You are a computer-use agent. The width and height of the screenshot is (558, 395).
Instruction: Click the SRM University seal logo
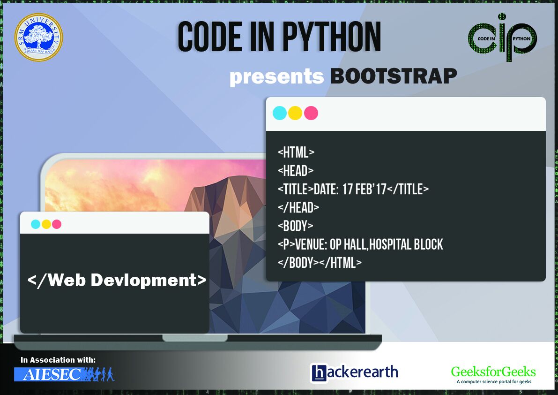38,37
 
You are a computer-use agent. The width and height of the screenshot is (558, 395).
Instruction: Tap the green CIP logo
502,37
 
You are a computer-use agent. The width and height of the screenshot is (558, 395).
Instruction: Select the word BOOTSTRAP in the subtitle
393,76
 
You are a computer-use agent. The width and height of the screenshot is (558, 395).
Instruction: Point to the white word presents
276,77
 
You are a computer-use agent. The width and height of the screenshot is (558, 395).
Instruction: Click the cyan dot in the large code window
280,113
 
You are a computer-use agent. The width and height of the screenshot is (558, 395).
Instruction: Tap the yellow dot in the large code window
295,113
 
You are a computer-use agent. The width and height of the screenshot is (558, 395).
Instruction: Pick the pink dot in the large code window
311,113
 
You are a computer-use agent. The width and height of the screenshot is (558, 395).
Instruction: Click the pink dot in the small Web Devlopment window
57,224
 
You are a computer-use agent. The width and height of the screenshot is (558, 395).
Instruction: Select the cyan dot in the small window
36,224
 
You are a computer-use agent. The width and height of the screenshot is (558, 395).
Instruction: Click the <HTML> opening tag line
296,152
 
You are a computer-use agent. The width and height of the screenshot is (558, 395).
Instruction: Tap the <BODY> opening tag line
295,226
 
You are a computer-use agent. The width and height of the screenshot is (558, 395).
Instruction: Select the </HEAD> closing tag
298,207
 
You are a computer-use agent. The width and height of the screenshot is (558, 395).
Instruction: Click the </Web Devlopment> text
117,280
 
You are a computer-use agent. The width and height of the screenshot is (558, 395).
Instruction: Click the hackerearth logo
354,372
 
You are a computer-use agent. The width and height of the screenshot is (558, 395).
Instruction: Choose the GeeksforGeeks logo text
493,372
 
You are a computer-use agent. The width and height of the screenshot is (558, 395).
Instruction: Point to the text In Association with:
58,360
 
